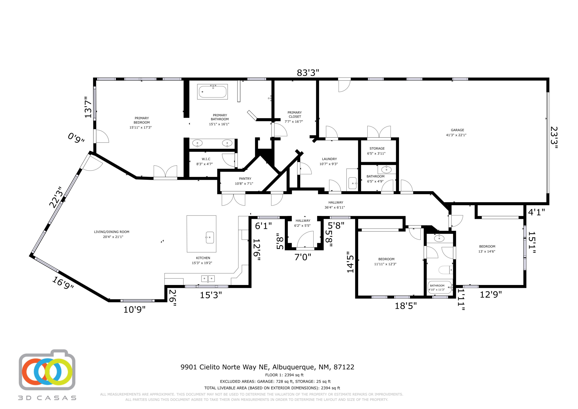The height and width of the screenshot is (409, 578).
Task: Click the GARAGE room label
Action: [457, 130]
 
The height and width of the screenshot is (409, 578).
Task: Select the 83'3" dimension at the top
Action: [308, 73]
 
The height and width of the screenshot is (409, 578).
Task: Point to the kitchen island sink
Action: [210, 237]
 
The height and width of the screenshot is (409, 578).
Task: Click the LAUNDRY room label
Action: [329, 159]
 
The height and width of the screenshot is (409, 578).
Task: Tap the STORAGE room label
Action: [377, 148]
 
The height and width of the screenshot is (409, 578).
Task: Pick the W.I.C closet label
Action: [206, 159]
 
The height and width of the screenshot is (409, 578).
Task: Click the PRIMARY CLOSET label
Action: [295, 114]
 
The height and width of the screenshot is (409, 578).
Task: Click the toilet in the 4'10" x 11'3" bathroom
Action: [446, 270]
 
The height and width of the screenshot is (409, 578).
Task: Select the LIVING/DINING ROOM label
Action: [112, 232]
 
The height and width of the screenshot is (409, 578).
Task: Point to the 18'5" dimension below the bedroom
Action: [406, 306]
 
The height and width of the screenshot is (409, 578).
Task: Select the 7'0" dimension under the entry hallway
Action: [303, 257]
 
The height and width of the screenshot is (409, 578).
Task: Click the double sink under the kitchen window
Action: [208, 278]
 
